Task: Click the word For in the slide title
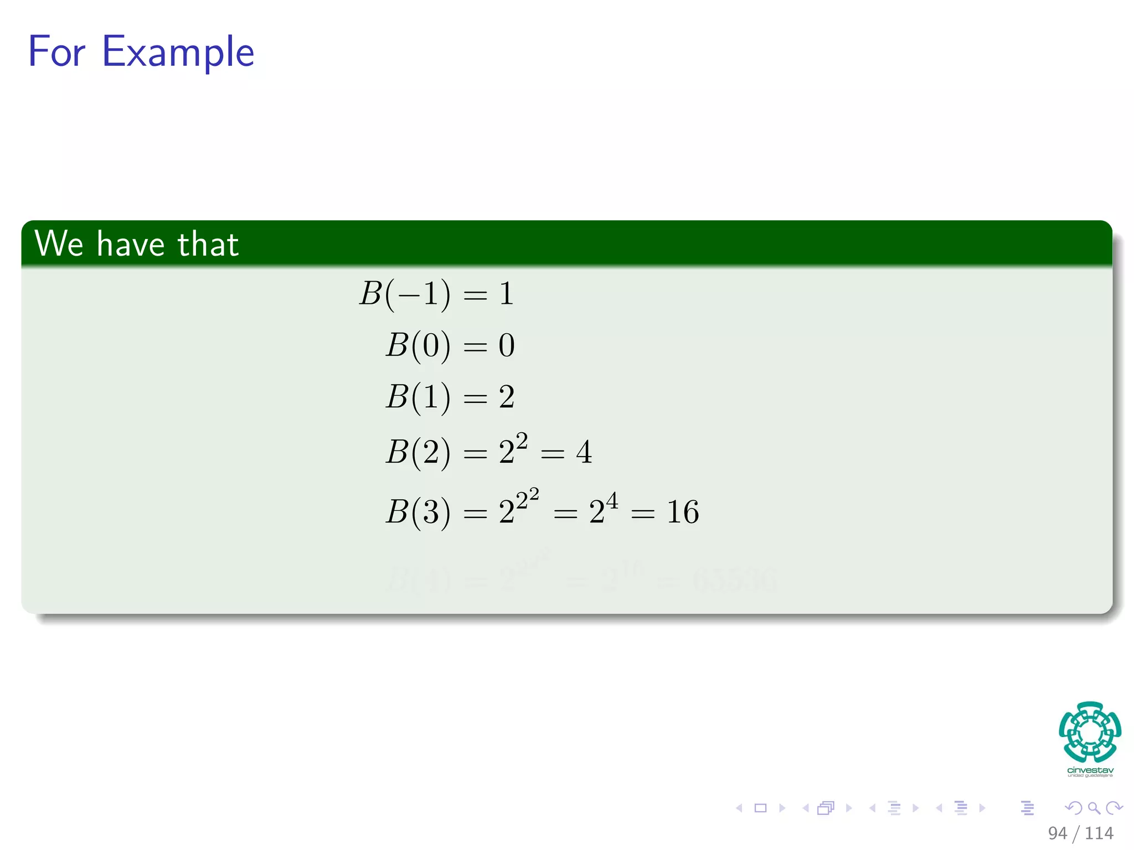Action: [x=56, y=51]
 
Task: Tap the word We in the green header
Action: [x=59, y=243]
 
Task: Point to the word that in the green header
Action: [x=208, y=244]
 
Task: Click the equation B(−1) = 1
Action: [x=436, y=294]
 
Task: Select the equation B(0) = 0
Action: [x=450, y=345]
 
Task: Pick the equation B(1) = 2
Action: [x=450, y=397]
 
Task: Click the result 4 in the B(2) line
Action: [x=584, y=452]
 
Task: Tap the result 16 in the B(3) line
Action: [x=682, y=512]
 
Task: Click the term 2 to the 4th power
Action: [x=603, y=509]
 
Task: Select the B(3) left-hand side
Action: [x=417, y=512]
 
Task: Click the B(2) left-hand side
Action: [x=417, y=452]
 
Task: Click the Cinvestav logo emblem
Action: [x=1090, y=732]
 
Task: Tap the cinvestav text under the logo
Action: [x=1090, y=770]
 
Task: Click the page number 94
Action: [x=1057, y=833]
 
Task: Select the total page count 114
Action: [x=1099, y=833]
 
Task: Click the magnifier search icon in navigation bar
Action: [x=1094, y=808]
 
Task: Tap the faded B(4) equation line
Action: [x=581, y=578]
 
